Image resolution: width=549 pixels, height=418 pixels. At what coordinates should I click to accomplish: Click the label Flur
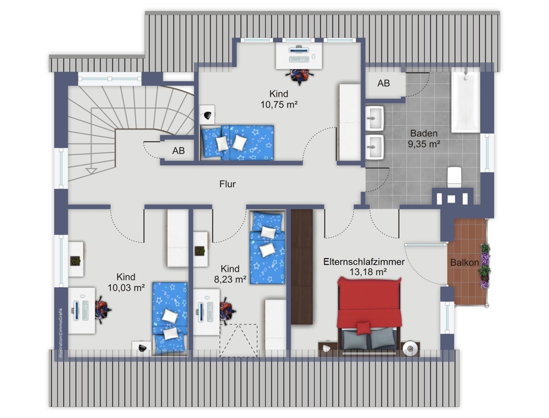pos(227,184)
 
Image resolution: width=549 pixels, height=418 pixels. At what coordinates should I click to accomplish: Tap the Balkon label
pos(464,262)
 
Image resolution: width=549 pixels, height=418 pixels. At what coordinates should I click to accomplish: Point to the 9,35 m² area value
pos(424,144)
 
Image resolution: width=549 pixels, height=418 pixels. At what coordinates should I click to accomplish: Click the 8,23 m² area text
pos(230,279)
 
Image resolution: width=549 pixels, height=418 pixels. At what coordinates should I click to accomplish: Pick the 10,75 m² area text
pos(279,104)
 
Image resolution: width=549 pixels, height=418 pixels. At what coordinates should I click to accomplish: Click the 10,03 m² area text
pos(126,288)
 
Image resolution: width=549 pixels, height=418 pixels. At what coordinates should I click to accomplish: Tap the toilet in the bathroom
pos(455,177)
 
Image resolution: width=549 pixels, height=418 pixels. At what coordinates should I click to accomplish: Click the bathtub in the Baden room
pos(466,102)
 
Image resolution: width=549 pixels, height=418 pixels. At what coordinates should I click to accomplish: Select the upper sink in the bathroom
pos(375,119)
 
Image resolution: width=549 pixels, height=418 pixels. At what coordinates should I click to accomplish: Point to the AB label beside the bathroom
pos(383,83)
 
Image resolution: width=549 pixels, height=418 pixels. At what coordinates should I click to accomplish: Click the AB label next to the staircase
pos(178,151)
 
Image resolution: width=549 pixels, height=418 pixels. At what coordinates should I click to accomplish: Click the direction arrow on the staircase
pos(91,171)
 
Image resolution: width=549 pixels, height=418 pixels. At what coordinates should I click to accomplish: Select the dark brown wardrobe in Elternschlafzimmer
pos(301,266)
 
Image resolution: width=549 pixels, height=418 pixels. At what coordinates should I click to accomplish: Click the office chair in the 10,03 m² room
pos(102,309)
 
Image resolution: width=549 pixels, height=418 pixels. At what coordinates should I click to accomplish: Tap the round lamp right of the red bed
pos(410,348)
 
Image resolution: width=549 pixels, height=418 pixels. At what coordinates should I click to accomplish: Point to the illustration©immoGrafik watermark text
pos(60,332)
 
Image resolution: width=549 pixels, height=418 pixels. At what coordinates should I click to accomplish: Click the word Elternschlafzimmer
pos(364,262)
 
